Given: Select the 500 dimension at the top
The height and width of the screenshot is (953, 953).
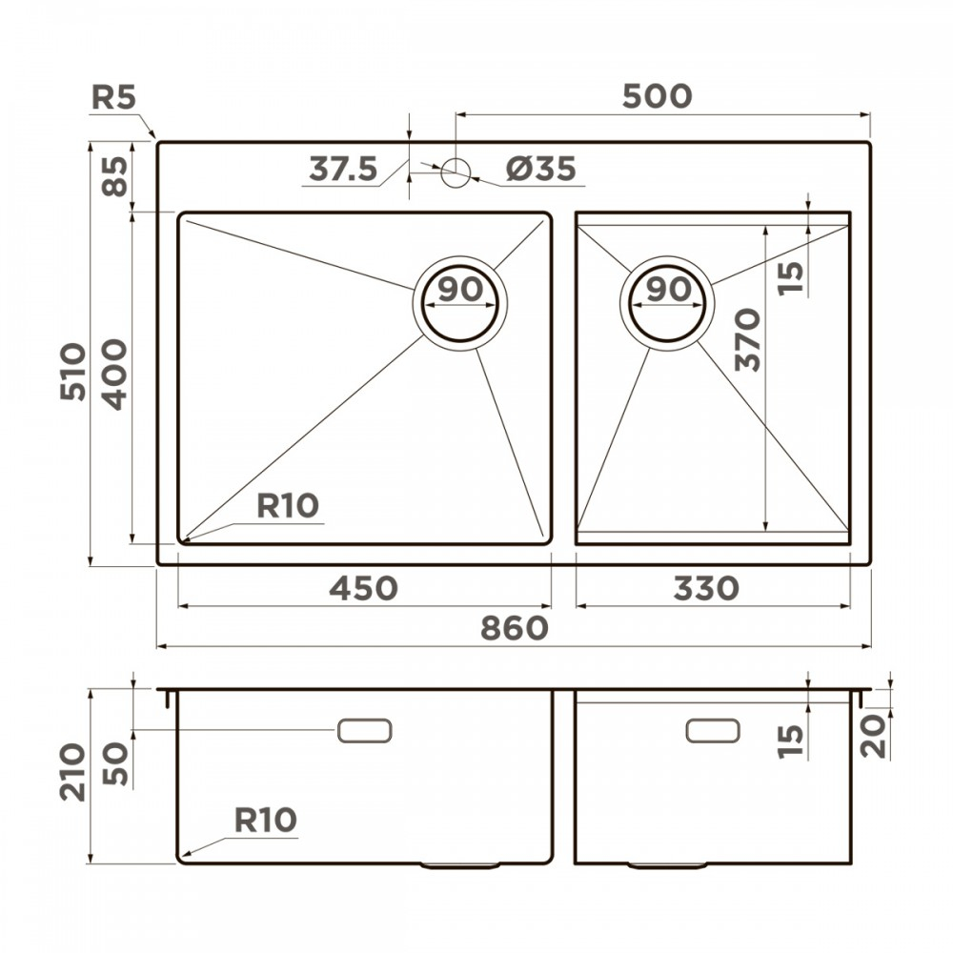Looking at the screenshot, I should click(x=656, y=96).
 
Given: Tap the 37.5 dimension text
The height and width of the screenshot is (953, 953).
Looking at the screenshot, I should click(x=343, y=169).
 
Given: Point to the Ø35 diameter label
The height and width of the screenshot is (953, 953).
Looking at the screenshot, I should click(x=540, y=169).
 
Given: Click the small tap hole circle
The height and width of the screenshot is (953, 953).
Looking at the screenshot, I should click(x=456, y=171).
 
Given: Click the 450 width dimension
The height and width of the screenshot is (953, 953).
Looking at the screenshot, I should click(x=363, y=589).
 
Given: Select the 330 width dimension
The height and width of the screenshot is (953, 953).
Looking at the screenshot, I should click(x=705, y=589).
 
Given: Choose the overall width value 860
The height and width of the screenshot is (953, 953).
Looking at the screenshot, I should click(x=514, y=628).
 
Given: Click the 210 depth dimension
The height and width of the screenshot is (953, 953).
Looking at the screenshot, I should click(x=73, y=772).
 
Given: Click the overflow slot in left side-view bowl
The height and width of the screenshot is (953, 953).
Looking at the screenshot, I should click(x=364, y=731).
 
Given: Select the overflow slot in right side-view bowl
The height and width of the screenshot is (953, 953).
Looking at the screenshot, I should click(x=713, y=730).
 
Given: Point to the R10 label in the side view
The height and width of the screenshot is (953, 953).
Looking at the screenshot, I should click(x=265, y=820).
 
